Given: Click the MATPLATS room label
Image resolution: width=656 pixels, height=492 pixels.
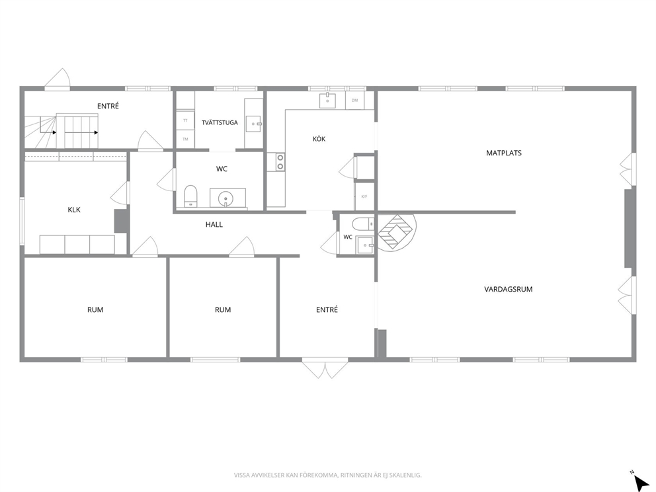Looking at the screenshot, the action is [x=504, y=153].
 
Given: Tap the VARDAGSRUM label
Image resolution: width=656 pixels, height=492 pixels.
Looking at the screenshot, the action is [x=509, y=289].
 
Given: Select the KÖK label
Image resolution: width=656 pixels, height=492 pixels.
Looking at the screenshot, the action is [x=319, y=139].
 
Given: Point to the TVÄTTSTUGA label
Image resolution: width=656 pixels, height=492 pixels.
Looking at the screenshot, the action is [x=220, y=122].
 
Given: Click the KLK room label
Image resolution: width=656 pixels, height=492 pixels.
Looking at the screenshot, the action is [x=74, y=210].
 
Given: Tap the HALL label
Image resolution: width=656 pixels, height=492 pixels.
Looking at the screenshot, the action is [x=214, y=225].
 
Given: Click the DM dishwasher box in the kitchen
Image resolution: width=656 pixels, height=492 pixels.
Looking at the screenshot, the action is [x=354, y=101].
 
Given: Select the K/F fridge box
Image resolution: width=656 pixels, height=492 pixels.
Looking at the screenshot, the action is [x=364, y=196].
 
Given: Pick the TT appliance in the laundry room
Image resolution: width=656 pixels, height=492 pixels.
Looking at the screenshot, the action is [x=185, y=120].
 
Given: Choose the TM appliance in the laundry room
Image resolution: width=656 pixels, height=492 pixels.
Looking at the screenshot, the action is [x=185, y=139].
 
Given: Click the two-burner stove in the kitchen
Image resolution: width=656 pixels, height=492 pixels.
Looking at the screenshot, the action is [x=280, y=162].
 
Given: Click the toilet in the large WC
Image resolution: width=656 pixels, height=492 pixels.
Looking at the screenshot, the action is [x=190, y=196].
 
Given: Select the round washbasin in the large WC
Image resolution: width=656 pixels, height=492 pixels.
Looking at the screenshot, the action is [x=226, y=198].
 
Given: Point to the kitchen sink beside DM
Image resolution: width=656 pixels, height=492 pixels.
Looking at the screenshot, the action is [x=327, y=101].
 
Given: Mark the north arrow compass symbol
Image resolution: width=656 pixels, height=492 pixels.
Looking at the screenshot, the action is [x=640, y=481].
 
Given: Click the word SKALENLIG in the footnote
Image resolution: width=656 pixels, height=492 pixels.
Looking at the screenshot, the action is [x=407, y=475].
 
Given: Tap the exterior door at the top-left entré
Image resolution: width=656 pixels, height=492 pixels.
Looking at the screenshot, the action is [x=58, y=79].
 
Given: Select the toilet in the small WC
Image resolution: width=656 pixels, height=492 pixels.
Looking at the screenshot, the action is [x=363, y=224].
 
